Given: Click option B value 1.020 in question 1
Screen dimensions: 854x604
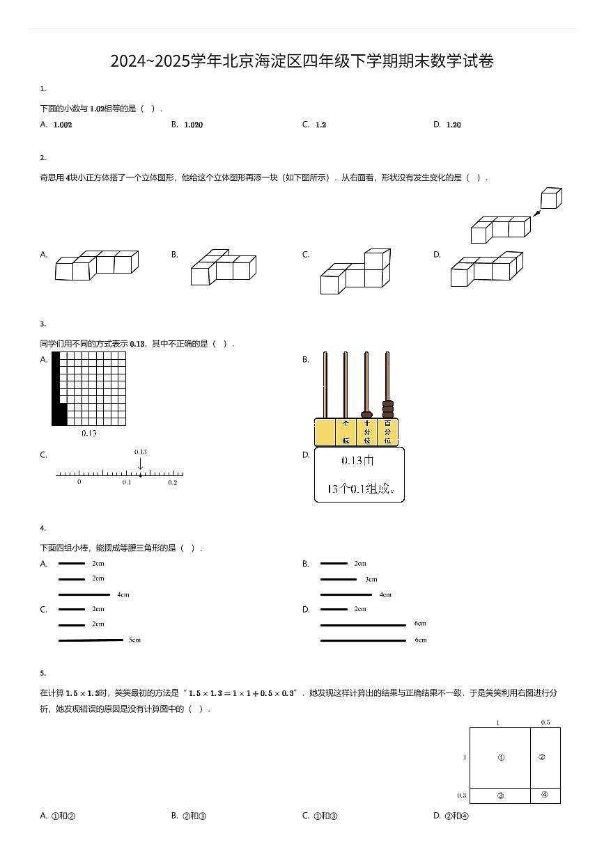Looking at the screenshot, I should pyautogui.click(x=193, y=125).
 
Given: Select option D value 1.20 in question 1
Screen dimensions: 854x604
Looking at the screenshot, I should pyautogui.click(x=454, y=125).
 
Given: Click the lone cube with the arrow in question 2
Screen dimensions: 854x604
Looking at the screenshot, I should pyautogui.click(x=551, y=198).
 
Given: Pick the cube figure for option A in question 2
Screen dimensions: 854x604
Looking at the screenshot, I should pyautogui.click(x=97, y=265).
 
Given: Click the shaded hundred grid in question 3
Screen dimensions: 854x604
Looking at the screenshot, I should pyautogui.click(x=89, y=388).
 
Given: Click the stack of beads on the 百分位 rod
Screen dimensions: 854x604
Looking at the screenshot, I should pyautogui.click(x=388, y=409).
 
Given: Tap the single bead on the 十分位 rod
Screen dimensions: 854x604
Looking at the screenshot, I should pyautogui.click(x=366, y=415).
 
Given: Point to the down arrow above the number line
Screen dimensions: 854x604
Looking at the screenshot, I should pyautogui.click(x=140, y=464).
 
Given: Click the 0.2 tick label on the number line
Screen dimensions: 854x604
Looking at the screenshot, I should pyautogui.click(x=173, y=482).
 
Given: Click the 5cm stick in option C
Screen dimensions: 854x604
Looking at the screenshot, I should pyautogui.click(x=91, y=640).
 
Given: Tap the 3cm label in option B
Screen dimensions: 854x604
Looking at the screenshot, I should pyautogui.click(x=371, y=579).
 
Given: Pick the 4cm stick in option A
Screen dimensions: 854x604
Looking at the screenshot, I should pyautogui.click(x=84, y=594).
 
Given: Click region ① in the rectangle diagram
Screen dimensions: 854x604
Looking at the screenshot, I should pyautogui.click(x=500, y=758).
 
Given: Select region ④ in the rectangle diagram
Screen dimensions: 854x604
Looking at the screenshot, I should pyautogui.click(x=545, y=795).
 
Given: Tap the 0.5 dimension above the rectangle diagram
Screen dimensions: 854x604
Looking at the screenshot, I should pyautogui.click(x=545, y=722).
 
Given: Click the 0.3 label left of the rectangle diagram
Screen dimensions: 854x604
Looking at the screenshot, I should pyautogui.click(x=461, y=796).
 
